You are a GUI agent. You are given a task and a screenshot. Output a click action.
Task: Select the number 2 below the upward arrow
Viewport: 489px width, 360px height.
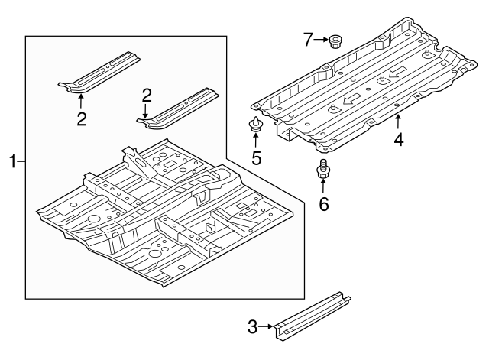pyautogui.click(x=81, y=118)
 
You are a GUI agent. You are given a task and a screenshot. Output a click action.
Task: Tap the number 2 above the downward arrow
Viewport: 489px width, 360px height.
pyautogui.click(x=147, y=95)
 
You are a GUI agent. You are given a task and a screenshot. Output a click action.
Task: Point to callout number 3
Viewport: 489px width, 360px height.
pyautogui.click(x=253, y=327)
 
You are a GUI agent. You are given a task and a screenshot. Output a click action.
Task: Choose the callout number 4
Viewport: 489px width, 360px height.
pyautogui.click(x=398, y=140)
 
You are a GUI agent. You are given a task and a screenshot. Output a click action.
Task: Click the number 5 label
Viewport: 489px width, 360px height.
pyautogui.click(x=257, y=158)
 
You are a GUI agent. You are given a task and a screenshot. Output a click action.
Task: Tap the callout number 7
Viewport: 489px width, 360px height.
pyautogui.click(x=308, y=40)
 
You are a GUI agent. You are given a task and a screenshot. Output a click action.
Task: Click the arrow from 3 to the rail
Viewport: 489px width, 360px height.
pyautogui.click(x=267, y=327)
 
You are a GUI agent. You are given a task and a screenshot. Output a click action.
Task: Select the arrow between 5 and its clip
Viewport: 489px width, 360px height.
pyautogui.click(x=257, y=141)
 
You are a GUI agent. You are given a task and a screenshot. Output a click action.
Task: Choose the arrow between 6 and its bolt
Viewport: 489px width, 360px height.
pyautogui.click(x=322, y=189)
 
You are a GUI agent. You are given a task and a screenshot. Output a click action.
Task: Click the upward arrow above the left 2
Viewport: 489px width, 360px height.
pyautogui.click(x=81, y=102)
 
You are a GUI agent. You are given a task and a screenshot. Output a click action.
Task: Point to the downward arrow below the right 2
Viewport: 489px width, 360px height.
pyautogui.click(x=146, y=111)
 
